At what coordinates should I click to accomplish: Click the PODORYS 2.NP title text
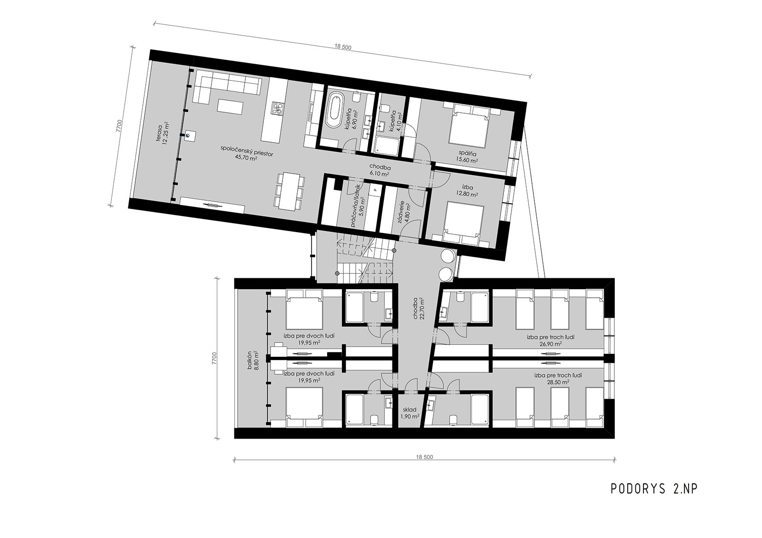[654, 489]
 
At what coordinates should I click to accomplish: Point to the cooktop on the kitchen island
[278, 108]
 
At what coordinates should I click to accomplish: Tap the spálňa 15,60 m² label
[468, 157]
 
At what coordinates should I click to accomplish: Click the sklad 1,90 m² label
[410, 413]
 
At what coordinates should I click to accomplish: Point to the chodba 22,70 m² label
[419, 309]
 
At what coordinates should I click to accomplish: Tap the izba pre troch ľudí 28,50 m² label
[558, 379]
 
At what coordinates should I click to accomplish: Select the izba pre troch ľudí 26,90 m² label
[551, 341]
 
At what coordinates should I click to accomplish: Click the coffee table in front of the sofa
[231, 107]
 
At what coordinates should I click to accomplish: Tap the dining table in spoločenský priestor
[289, 191]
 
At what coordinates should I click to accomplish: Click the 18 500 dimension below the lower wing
[424, 457]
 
